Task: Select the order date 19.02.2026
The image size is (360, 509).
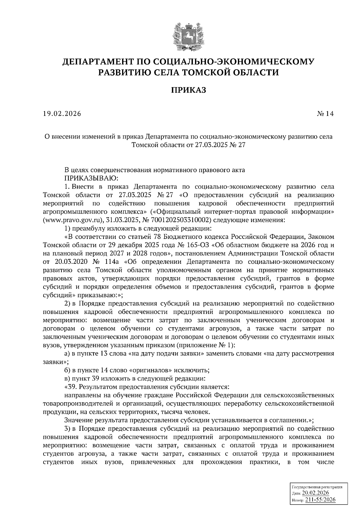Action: [62, 114]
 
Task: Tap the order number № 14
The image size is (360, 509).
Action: [325, 114]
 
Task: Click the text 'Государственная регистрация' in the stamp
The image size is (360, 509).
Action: [317, 487]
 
